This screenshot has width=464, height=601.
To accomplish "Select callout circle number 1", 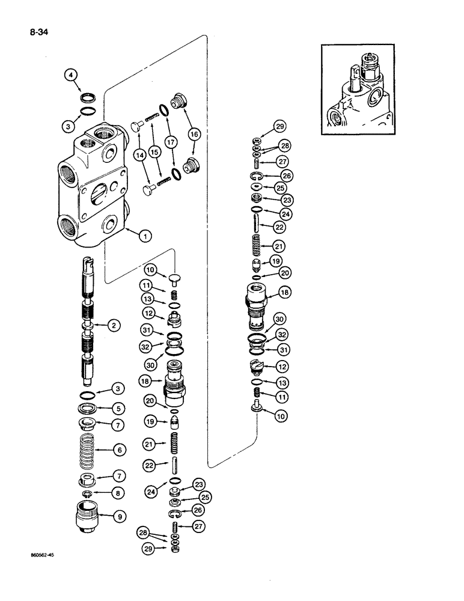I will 144,237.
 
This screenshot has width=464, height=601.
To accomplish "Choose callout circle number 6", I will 120,449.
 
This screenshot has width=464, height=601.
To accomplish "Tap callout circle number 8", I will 120,493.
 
